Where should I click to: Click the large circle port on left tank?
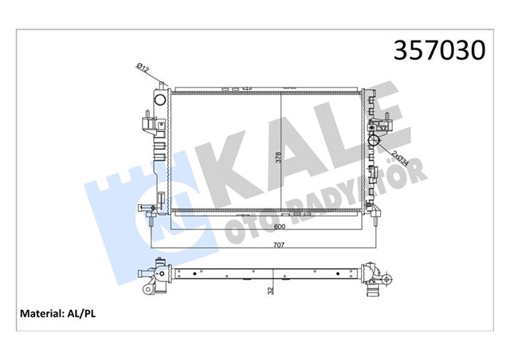coord(159,100)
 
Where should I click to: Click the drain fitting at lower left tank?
coord(148,210)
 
